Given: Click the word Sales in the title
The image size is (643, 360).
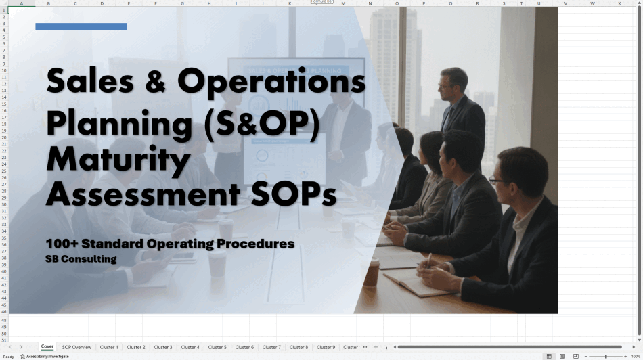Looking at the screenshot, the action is [90, 81].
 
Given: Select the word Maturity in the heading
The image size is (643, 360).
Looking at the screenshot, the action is [118, 160].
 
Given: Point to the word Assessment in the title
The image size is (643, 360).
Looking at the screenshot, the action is [143, 194].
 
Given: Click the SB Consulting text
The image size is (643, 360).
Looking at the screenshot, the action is [81, 259].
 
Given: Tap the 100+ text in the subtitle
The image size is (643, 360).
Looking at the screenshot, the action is [62, 244].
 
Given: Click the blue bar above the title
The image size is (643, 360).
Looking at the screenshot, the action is [81, 26].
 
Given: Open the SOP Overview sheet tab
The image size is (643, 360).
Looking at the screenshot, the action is [76, 347].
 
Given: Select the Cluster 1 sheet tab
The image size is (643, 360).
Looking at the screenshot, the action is [109, 347].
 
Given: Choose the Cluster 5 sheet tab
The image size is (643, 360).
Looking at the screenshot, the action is [217, 347].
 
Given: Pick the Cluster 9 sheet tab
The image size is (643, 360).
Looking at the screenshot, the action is [326, 347].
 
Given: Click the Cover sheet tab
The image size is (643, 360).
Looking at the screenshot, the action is [47, 347].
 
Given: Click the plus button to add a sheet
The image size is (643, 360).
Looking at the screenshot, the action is [376, 347].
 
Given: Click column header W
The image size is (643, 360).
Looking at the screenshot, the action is [592, 3].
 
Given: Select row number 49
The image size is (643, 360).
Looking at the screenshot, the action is [4, 328].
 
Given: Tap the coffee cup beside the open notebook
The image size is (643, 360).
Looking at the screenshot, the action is [372, 272].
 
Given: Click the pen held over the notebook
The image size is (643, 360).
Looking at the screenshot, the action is [428, 261].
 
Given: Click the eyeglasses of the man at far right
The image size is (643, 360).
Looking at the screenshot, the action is [497, 181].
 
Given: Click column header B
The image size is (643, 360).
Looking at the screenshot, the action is [48, 3].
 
